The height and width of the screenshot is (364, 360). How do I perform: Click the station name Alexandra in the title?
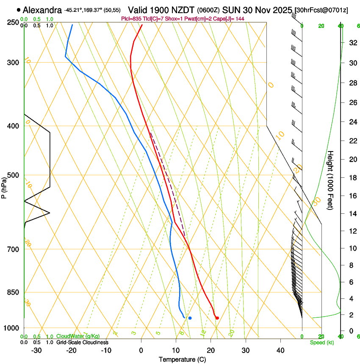(x=42, y=10)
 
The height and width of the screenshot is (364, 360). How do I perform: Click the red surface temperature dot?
(x=217, y=318)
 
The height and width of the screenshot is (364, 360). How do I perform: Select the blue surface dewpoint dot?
(x=190, y=318)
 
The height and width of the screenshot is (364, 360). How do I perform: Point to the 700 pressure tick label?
(x=13, y=249)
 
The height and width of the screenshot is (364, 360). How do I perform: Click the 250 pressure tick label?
(x=13, y=22)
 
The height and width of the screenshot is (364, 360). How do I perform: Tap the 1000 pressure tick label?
(x=11, y=328)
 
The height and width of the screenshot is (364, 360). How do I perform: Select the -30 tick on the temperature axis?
(x=36, y=350)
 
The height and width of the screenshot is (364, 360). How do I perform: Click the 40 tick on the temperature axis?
(x=280, y=350)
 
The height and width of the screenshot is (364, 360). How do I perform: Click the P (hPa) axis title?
(x=4, y=187)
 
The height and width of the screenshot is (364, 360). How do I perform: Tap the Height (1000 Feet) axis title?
(x=331, y=180)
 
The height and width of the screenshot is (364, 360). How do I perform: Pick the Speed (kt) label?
(x=322, y=342)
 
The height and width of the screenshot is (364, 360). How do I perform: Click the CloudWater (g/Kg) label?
(x=78, y=336)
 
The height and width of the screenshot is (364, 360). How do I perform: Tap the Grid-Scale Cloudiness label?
(x=82, y=342)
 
